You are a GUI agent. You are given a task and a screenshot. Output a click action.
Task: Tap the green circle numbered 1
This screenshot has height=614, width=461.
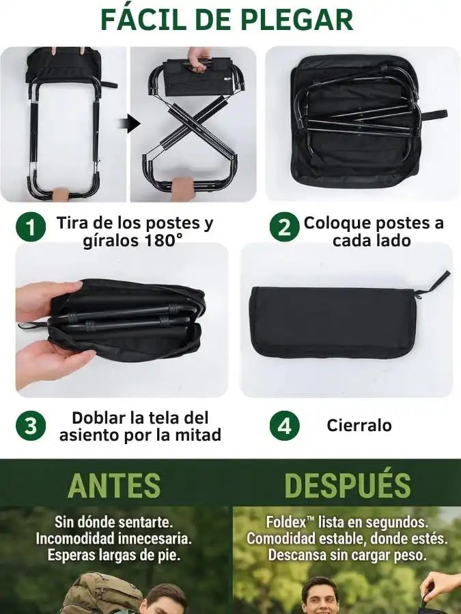point(31,226)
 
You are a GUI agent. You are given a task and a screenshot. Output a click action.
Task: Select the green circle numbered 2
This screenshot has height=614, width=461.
point(285,226)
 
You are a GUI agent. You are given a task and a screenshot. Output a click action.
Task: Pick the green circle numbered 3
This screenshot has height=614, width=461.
point(31,426)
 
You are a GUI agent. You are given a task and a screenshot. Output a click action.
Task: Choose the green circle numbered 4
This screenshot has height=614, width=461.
point(285,426)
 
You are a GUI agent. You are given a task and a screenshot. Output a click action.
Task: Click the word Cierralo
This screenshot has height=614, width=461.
point(359,425)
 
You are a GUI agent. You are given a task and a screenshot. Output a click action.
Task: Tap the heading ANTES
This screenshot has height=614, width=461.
point(114,485)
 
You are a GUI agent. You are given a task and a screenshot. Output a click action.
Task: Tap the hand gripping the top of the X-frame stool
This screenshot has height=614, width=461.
point(199,59)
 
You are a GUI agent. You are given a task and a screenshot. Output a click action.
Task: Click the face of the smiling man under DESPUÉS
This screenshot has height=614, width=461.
point(320,597)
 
